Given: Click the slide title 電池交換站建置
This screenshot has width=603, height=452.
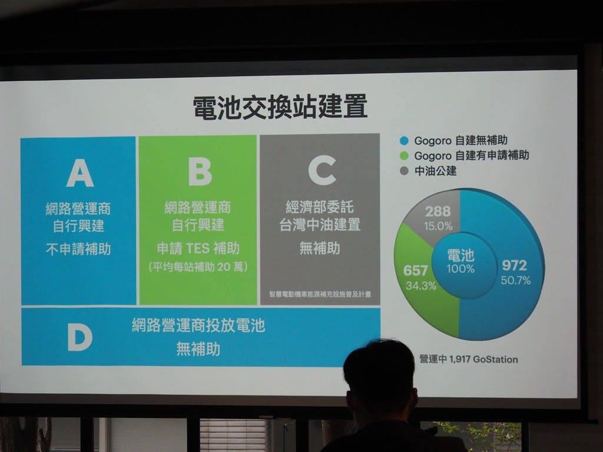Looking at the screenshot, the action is pyautogui.click(x=280, y=107).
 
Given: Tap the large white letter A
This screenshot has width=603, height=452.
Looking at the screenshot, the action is pyautogui.click(x=80, y=172).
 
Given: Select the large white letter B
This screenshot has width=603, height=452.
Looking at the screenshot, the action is pyautogui.click(x=200, y=171).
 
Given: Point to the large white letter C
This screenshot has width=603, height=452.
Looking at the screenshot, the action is pyautogui.click(x=322, y=170).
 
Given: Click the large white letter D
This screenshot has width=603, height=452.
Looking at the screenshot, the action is pyautogui.click(x=80, y=337).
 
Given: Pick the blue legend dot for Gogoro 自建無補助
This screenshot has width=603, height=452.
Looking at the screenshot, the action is pyautogui.click(x=404, y=141).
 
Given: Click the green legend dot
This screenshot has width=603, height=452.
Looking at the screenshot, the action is pyautogui.click(x=404, y=155).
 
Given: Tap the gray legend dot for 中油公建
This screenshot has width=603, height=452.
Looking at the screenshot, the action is pyautogui.click(x=404, y=171).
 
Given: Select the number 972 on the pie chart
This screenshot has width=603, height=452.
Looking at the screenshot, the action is pyautogui.click(x=514, y=265).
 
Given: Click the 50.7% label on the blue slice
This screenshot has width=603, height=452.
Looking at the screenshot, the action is pyautogui.click(x=516, y=280).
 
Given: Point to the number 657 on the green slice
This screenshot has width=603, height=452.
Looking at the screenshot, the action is pyautogui.click(x=415, y=271).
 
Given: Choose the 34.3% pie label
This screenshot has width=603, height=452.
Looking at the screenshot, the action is pyautogui.click(x=420, y=285).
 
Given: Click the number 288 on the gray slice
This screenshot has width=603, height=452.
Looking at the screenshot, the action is pyautogui.click(x=438, y=211).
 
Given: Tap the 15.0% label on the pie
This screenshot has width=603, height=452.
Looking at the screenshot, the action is pyautogui.click(x=438, y=226).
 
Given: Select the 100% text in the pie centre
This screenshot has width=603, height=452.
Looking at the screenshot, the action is pyautogui.click(x=460, y=268).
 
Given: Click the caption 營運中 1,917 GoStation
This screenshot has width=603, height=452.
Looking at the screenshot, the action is pyautogui.click(x=468, y=360).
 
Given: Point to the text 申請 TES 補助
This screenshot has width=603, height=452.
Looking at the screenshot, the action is pyautogui.click(x=198, y=248).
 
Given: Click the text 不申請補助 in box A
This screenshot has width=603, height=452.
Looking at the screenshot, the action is pyautogui.click(x=78, y=249).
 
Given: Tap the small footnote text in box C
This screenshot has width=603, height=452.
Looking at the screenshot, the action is pyautogui.click(x=320, y=294).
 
